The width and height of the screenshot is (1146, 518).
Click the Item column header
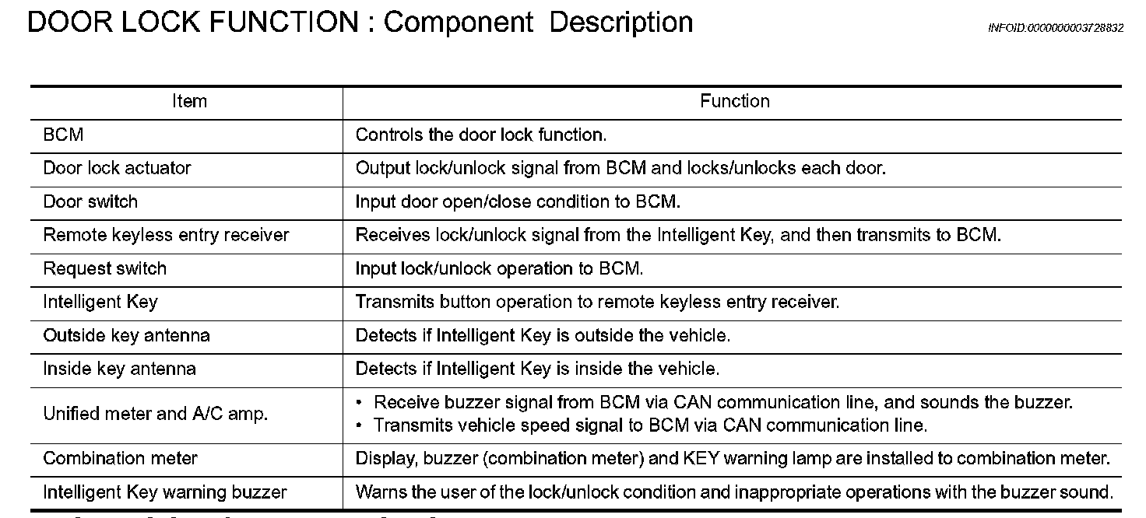[x=189, y=101]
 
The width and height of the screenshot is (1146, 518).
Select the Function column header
[x=734, y=101]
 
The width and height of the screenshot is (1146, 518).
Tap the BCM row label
[x=63, y=135]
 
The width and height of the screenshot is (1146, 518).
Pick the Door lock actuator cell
[x=117, y=168]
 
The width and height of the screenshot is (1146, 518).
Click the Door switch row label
[x=90, y=201]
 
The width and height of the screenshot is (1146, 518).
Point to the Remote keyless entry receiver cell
[x=166, y=235]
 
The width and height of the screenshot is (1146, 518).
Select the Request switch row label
[x=104, y=268]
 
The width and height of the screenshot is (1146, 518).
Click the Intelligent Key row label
[x=100, y=302]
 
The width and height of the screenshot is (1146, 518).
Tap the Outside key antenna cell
[x=126, y=335]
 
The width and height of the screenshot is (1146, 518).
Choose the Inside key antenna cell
[x=119, y=369]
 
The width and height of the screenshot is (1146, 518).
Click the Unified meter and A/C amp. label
[x=155, y=414]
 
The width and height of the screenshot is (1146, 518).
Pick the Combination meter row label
[x=120, y=458]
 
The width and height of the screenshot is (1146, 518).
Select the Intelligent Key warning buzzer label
[x=164, y=492]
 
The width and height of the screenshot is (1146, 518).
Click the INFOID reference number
[x=1055, y=28]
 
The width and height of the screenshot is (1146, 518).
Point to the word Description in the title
[x=620, y=22]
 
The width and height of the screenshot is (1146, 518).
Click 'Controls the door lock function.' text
[x=480, y=135]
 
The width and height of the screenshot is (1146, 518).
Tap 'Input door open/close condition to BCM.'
[x=518, y=201]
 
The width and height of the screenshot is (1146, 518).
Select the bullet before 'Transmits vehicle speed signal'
[x=358, y=425]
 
